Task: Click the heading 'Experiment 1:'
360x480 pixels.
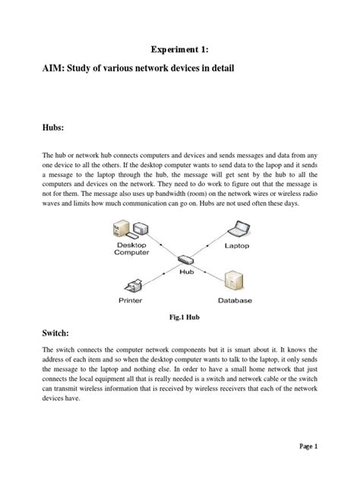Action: tap(179, 49)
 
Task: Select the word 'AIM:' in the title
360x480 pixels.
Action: tap(55, 70)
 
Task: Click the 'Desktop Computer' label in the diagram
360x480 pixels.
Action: tap(132, 249)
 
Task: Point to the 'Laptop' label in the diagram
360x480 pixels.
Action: tap(241, 245)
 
